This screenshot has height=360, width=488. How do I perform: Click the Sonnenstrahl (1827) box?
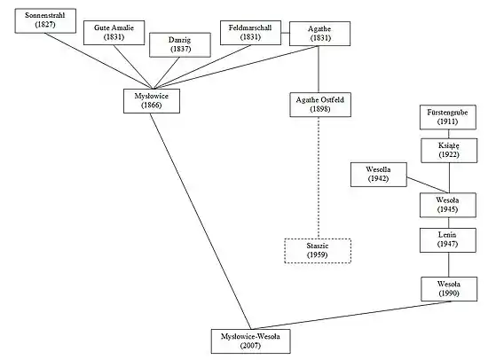pos(45,20)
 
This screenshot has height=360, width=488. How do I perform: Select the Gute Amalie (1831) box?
pos(114,33)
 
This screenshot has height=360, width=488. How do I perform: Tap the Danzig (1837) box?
pos(180,45)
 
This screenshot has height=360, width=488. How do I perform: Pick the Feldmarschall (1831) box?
pos(250,33)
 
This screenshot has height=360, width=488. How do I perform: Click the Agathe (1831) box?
pos(319,34)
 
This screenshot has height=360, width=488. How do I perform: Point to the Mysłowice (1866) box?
pos(152,101)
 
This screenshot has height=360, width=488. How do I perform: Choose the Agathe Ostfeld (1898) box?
pos(320,105)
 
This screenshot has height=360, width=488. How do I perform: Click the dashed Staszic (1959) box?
pos(318,251)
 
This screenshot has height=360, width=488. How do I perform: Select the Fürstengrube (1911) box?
pos(448,117)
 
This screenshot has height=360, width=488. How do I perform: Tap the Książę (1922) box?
pos(449,150)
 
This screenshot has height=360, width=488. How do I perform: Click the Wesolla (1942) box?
pos(379,175)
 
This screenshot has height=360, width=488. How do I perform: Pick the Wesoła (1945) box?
pos(448,205)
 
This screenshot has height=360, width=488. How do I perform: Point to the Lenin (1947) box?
pos(448,240)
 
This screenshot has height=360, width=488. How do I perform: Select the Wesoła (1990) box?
pos(449,289)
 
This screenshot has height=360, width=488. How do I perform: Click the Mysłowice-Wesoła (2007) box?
pos(250,341)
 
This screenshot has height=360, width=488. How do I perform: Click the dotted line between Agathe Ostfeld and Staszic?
pos(319,177)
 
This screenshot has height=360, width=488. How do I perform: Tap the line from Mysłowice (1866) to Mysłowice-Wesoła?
pos(201,221)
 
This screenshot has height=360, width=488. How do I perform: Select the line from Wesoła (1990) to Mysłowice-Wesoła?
pos(352,315)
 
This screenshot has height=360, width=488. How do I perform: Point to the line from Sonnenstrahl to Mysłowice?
pos(98,61)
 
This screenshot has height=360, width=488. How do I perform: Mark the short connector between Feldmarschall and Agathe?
pos(286,33)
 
